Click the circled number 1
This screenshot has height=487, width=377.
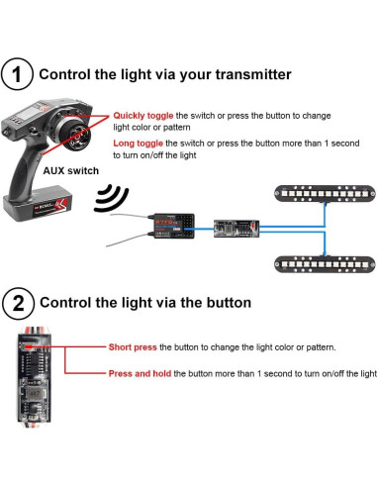point(17,74)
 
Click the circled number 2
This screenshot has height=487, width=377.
point(18,303)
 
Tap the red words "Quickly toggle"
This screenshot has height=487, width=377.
point(143,116)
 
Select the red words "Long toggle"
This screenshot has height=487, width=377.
point(138,144)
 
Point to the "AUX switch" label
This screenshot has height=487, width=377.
point(71,171)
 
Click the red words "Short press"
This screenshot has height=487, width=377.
point(133,347)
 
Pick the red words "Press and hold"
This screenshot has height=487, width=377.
point(140,373)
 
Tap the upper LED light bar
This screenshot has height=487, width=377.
point(325,193)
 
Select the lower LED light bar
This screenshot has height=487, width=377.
point(325,264)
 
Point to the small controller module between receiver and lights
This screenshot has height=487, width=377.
point(236,229)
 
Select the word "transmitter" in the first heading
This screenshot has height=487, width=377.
point(253,74)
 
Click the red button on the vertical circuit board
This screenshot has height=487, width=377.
point(28,346)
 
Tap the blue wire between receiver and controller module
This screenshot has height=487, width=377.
point(204,229)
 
